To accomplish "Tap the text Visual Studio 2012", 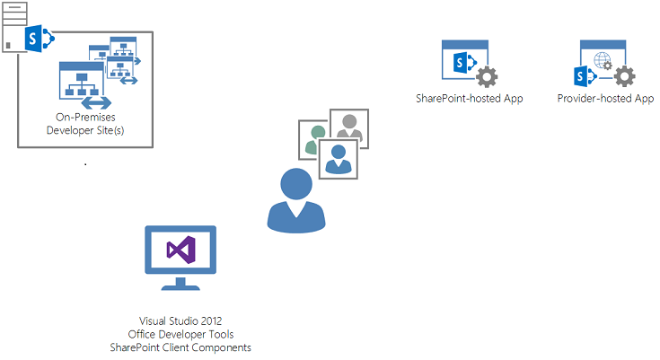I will coord(180,320).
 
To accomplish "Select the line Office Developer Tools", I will coord(180,334).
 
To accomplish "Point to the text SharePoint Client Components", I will coord(180,347).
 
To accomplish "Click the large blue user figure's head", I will coord(297,185).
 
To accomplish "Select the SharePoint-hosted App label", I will coord(470,99).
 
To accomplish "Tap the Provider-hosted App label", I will coord(605,99).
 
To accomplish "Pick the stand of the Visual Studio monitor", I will coord(180,284).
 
